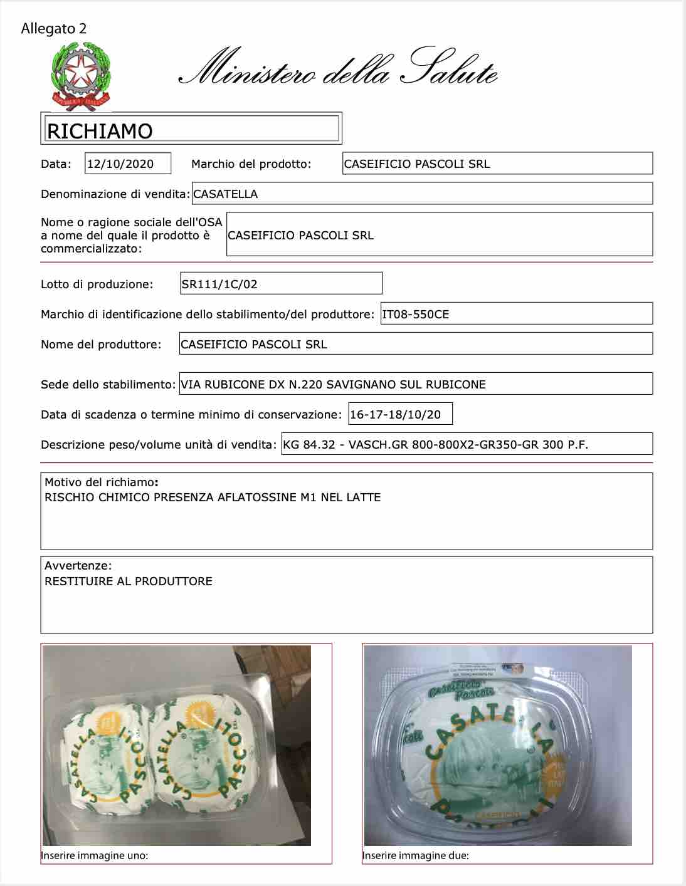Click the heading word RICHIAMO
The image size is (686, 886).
click(x=100, y=131)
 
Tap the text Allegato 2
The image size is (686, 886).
click(x=53, y=29)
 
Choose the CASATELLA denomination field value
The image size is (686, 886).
click(x=226, y=194)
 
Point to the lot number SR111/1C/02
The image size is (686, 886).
click(x=219, y=284)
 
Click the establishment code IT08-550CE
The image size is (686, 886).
click(x=416, y=315)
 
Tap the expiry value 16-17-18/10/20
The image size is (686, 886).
click(x=396, y=415)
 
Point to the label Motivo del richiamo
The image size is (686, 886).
click(x=100, y=482)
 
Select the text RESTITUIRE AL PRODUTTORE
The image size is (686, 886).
click(x=129, y=581)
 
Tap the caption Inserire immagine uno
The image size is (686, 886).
click(x=94, y=855)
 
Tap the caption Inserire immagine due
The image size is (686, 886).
click(x=415, y=855)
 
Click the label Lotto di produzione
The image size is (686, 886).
click(x=97, y=284)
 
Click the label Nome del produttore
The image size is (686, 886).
click(x=100, y=345)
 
